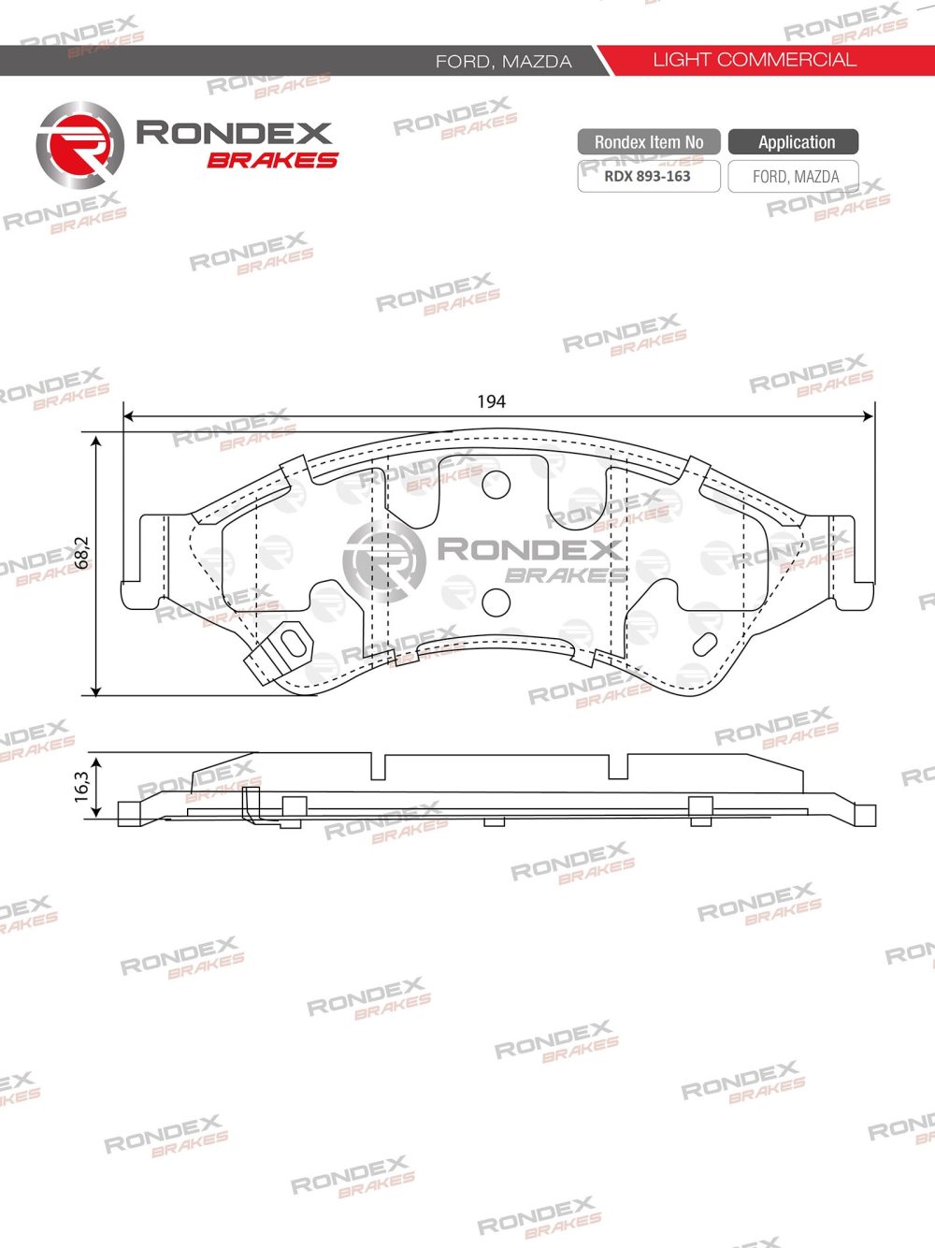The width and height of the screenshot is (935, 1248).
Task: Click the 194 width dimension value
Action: pos(491,401)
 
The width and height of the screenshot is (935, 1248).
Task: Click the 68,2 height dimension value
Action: pos(82,552)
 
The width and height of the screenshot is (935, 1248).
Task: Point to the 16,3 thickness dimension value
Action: pos(82,784)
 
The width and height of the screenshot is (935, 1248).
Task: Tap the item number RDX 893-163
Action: pos(647,176)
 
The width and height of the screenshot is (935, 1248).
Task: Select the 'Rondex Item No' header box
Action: pos(648,142)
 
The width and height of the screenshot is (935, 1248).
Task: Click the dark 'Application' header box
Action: pos(795,142)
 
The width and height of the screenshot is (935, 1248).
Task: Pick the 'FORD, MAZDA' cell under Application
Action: pos(795,176)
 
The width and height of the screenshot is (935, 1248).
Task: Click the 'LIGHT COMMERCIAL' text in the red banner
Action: pos(754,60)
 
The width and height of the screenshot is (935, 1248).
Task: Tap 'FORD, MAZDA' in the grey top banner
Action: pos(503,61)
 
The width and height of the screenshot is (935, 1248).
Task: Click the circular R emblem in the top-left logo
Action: pos(79,145)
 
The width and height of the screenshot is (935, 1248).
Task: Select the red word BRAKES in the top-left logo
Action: pos(272,160)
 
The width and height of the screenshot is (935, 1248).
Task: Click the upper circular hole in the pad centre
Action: pos(496,484)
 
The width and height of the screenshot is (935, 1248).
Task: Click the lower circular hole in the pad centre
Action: pos(496,602)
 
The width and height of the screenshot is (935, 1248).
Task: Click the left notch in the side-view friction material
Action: pos(378,767)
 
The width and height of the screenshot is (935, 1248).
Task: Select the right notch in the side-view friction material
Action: pos(618,767)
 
